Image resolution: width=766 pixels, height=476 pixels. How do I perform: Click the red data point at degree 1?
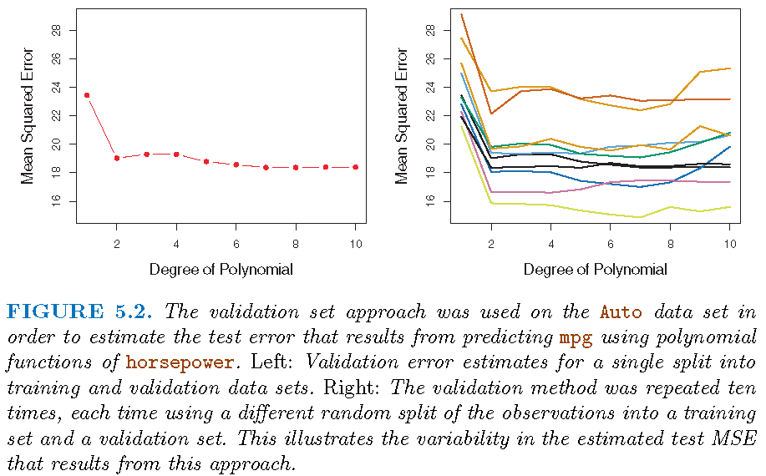pyautogui.click(x=87, y=95)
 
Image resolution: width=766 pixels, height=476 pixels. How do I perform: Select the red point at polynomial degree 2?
pyautogui.click(x=117, y=158)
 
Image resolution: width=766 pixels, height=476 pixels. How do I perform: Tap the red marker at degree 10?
pyautogui.click(x=356, y=167)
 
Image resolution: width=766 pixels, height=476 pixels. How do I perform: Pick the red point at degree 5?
pyautogui.click(x=206, y=161)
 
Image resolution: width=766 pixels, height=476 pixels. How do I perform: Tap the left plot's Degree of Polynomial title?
pyautogui.click(x=221, y=270)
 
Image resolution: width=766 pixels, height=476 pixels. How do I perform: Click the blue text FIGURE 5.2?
pyautogui.click(x=79, y=313)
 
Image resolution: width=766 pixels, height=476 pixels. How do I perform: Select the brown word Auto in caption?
pyautogui.click(x=621, y=313)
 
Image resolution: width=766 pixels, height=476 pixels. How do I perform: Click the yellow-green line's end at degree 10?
pyautogui.click(x=729, y=206)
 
